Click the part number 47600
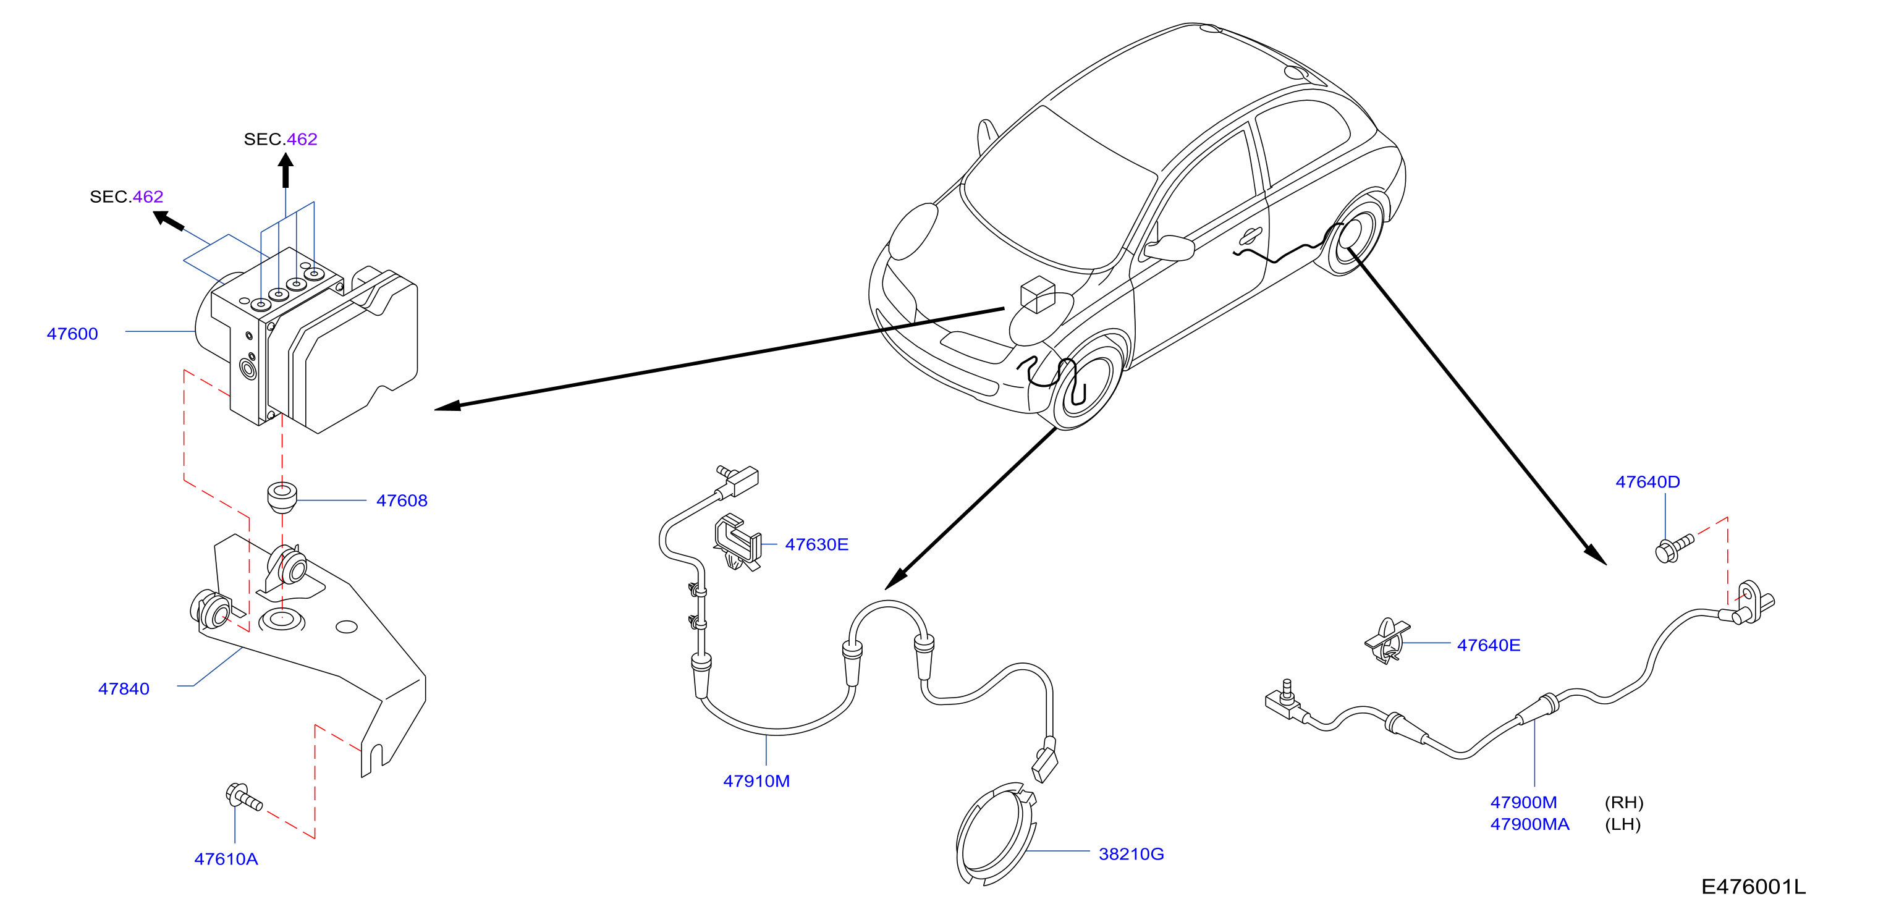tap(72, 334)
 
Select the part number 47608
tap(402, 501)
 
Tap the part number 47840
tap(124, 689)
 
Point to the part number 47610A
tap(226, 859)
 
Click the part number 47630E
tap(816, 544)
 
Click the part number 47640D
tap(1647, 482)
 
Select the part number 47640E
tap(1489, 645)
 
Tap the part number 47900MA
tap(1529, 824)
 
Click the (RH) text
tap(1624, 803)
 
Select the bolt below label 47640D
tap(1674, 548)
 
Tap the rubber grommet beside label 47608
tap(282, 497)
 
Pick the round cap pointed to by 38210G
tap(996, 834)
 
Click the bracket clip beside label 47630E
tap(738, 543)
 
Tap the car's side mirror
tap(1169, 248)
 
